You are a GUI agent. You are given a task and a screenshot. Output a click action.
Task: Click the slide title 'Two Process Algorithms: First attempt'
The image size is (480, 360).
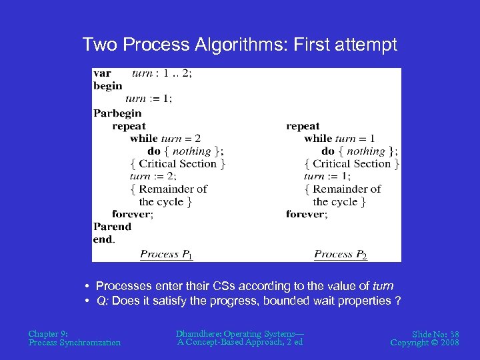point(239,45)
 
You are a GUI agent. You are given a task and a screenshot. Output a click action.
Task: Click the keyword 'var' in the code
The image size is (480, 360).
point(102,73)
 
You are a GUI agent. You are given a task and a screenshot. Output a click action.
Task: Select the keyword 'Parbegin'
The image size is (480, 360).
point(117,113)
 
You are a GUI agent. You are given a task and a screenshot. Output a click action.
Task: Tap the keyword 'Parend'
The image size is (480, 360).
point(112,227)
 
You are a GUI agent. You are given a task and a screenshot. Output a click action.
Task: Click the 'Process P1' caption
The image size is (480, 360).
point(166,254)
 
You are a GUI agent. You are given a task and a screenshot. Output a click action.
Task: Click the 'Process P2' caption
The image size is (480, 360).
point(340,254)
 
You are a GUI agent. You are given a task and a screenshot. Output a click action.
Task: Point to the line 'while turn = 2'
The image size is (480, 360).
point(165,139)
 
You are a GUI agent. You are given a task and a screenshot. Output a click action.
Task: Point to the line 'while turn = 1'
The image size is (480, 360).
point(339,139)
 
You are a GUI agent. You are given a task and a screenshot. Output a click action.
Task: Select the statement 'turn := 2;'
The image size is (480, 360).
point(153,176)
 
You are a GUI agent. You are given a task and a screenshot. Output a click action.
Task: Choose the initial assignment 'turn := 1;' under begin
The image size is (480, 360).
point(148,99)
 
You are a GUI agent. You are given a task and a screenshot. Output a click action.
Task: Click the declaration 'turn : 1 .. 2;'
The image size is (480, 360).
point(161,73)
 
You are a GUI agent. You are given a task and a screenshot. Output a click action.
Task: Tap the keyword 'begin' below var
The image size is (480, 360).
point(107,86)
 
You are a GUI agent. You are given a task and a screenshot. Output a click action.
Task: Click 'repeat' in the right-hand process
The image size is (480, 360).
point(303,126)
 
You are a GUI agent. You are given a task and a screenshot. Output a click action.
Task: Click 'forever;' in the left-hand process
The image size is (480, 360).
point(133,214)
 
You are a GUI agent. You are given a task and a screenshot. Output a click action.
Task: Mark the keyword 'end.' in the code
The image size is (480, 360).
point(104,239)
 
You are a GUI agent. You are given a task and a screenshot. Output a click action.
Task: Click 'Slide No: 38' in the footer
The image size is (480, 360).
point(435,333)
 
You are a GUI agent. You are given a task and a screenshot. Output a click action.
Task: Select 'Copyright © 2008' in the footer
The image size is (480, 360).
point(425,342)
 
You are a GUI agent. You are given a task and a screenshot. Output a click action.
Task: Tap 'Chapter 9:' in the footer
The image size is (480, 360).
point(47,333)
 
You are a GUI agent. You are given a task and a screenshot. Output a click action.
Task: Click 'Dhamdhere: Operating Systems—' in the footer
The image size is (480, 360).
point(239,333)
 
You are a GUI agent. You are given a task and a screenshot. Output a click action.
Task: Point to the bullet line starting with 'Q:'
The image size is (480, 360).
point(249,301)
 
